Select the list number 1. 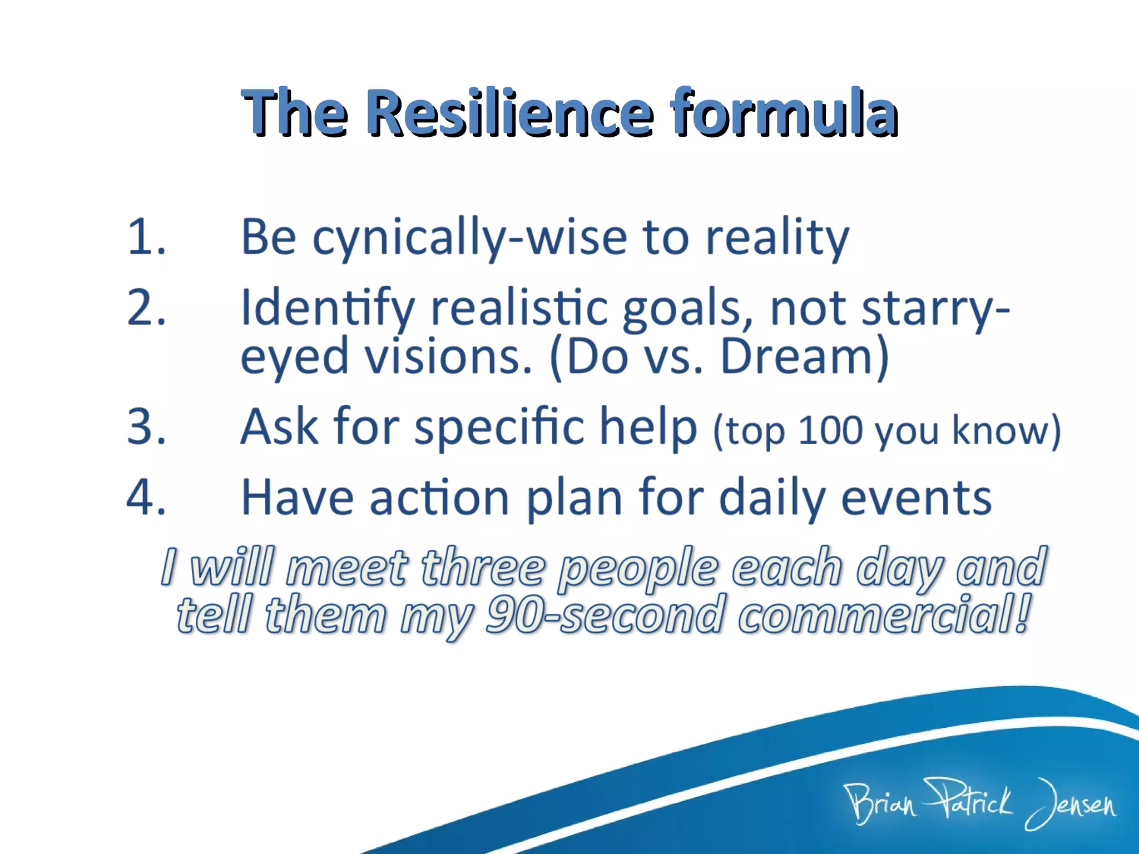pyautogui.click(x=146, y=238)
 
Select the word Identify pyautogui.click(x=328, y=309)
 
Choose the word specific pyautogui.click(x=499, y=428)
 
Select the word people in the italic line pyautogui.click(x=638, y=569)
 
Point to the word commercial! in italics pyautogui.click(x=885, y=614)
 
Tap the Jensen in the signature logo pyautogui.click(x=1071, y=803)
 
